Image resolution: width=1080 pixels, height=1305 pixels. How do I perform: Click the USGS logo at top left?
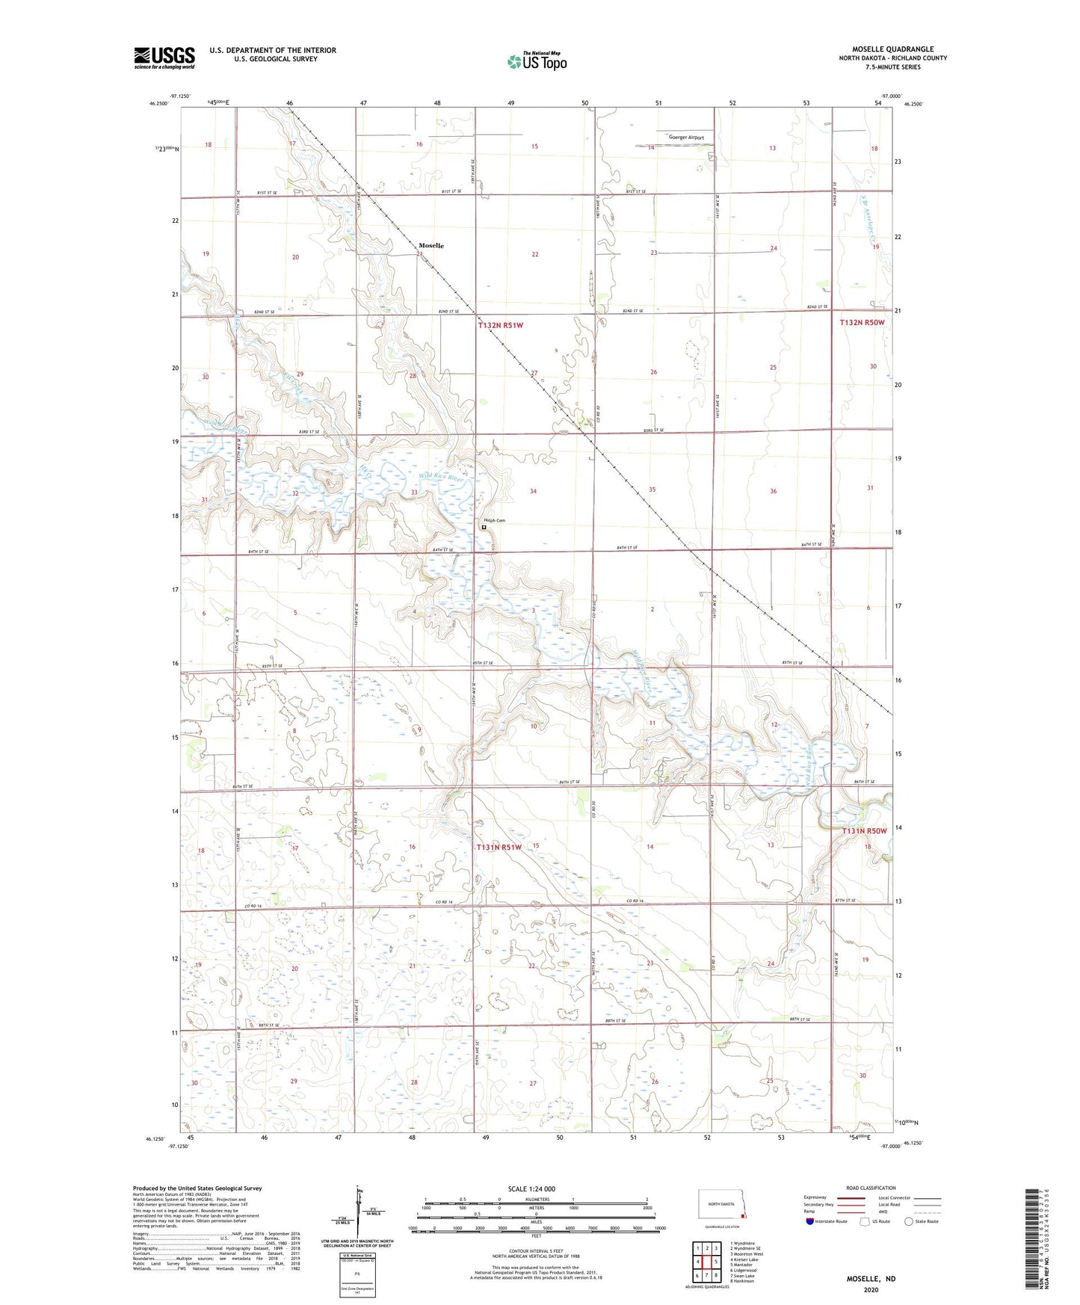(164, 58)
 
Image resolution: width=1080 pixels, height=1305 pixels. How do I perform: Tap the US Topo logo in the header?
(537, 61)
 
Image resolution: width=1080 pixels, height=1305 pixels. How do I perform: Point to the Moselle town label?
(431, 245)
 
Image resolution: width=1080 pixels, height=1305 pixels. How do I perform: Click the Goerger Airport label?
(686, 138)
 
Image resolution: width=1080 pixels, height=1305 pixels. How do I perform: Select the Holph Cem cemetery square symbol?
(484, 527)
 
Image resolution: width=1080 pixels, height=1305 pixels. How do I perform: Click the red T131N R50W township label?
(864, 831)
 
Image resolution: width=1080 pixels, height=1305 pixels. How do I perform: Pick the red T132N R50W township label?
(862, 322)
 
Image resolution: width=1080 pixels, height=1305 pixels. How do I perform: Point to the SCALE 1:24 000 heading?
(531, 1189)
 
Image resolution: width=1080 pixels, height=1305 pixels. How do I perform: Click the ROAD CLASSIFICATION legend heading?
(871, 1188)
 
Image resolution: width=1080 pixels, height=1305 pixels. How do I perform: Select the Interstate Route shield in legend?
(811, 1221)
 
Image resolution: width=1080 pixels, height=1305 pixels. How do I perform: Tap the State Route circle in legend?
(909, 1221)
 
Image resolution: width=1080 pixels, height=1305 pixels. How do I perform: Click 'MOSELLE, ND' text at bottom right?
(871, 1279)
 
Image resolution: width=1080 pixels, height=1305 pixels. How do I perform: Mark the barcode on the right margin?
(1031, 1241)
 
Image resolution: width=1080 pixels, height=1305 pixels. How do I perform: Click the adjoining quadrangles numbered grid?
(706, 1259)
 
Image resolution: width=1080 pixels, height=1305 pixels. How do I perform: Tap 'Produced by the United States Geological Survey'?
(197, 1188)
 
